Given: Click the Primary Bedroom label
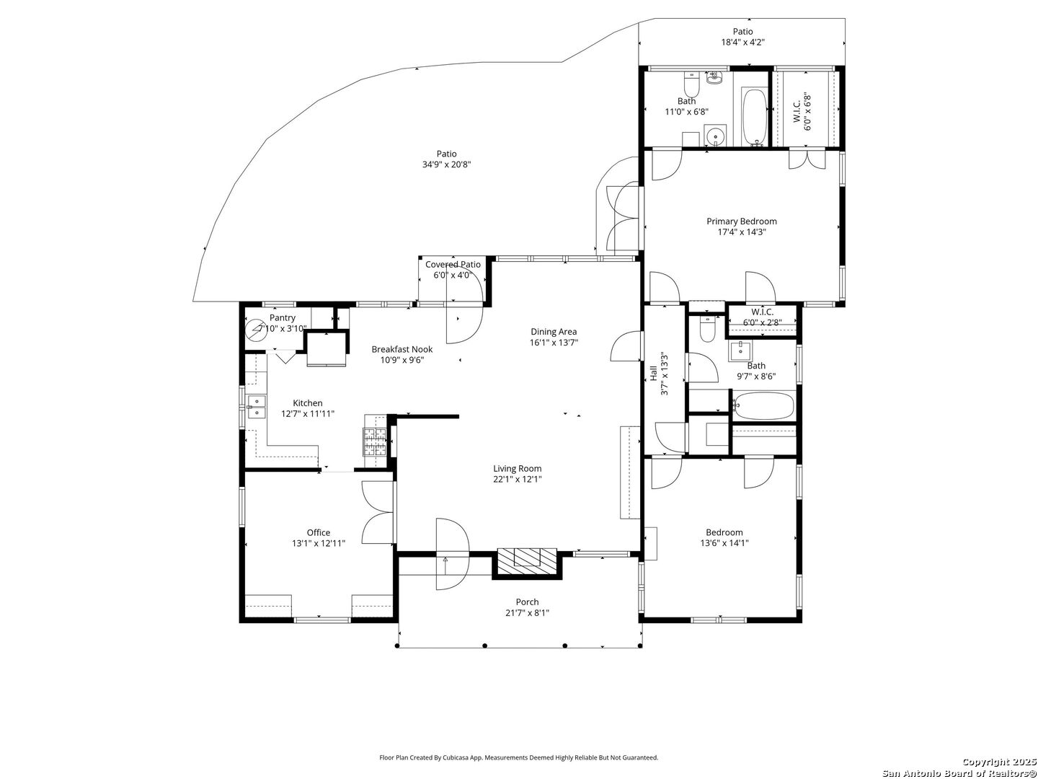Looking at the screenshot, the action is click(x=741, y=221).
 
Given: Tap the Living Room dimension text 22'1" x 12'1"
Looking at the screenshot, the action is click(x=517, y=479).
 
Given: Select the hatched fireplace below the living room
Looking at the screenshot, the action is click(x=527, y=563).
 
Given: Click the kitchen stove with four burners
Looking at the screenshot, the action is click(x=375, y=441).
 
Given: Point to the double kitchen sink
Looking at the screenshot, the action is click(x=257, y=407).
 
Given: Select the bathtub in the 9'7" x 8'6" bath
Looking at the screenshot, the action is click(x=763, y=405).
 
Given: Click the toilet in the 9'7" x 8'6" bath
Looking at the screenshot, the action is click(x=707, y=329).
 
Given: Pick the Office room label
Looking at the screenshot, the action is click(x=319, y=532).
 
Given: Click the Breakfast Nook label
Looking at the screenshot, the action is click(x=402, y=349).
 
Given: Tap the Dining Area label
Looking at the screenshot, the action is click(x=554, y=332).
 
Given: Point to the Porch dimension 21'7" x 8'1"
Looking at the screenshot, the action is click(x=527, y=613).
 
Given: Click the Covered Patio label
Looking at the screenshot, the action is click(x=453, y=265).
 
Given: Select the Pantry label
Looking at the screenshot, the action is click(x=283, y=318).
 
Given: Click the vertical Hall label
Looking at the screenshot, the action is click(x=653, y=373).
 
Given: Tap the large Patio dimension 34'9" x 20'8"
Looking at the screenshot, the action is click(x=446, y=164).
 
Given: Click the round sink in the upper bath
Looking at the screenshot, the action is click(x=716, y=136).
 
